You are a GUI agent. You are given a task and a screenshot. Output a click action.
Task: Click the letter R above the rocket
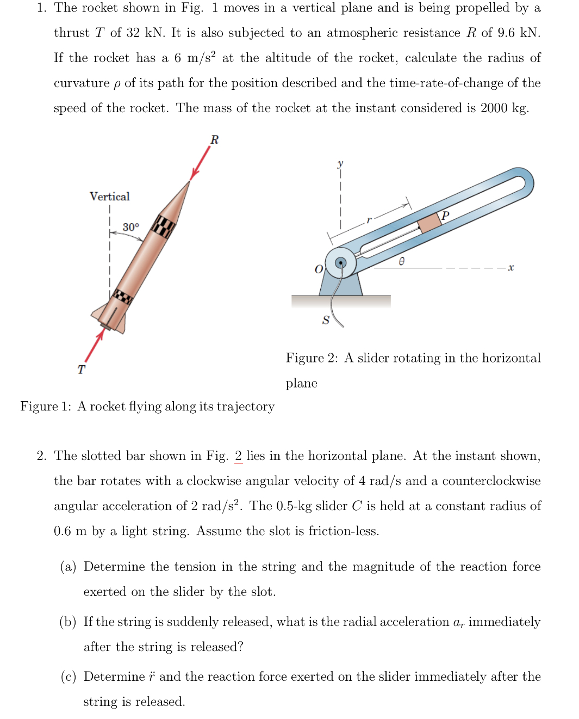[214, 140]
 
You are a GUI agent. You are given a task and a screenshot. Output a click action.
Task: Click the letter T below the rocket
[81, 370]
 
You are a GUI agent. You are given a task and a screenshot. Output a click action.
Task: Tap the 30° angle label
[130, 227]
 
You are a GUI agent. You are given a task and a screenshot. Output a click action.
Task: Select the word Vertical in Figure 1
[109, 196]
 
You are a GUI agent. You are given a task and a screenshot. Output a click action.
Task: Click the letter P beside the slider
[445, 216]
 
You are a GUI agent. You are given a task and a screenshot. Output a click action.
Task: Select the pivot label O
[319, 269]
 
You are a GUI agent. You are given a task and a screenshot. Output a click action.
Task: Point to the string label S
[326, 320]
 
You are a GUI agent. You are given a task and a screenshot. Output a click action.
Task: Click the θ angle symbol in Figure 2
[401, 262]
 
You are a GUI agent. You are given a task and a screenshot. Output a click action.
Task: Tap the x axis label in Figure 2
[510, 267]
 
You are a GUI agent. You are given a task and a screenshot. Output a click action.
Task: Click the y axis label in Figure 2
[340, 163]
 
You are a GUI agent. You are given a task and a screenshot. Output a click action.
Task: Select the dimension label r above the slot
[369, 220]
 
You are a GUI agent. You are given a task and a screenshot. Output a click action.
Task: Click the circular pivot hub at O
[341, 263]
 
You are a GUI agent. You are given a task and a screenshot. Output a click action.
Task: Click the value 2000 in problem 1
[494, 108]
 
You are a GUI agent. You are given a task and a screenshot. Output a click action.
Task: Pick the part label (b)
[68, 622]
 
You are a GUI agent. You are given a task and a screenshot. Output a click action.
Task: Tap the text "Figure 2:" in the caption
[312, 358]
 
